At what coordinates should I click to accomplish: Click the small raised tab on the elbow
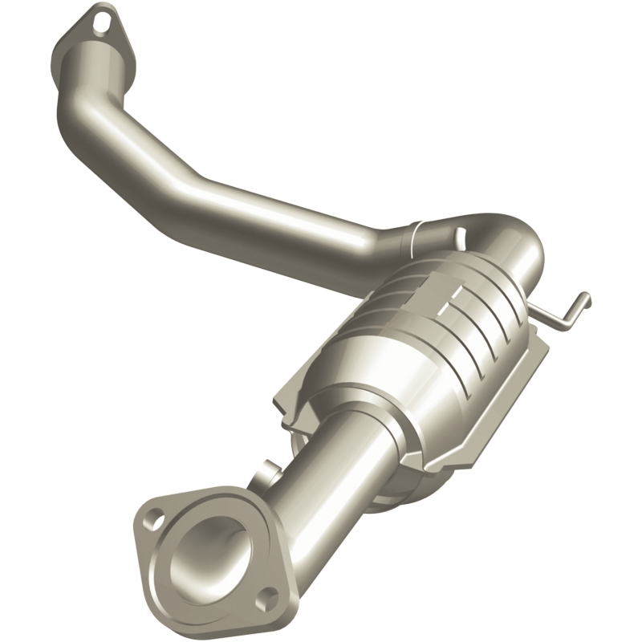coord(460,234)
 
